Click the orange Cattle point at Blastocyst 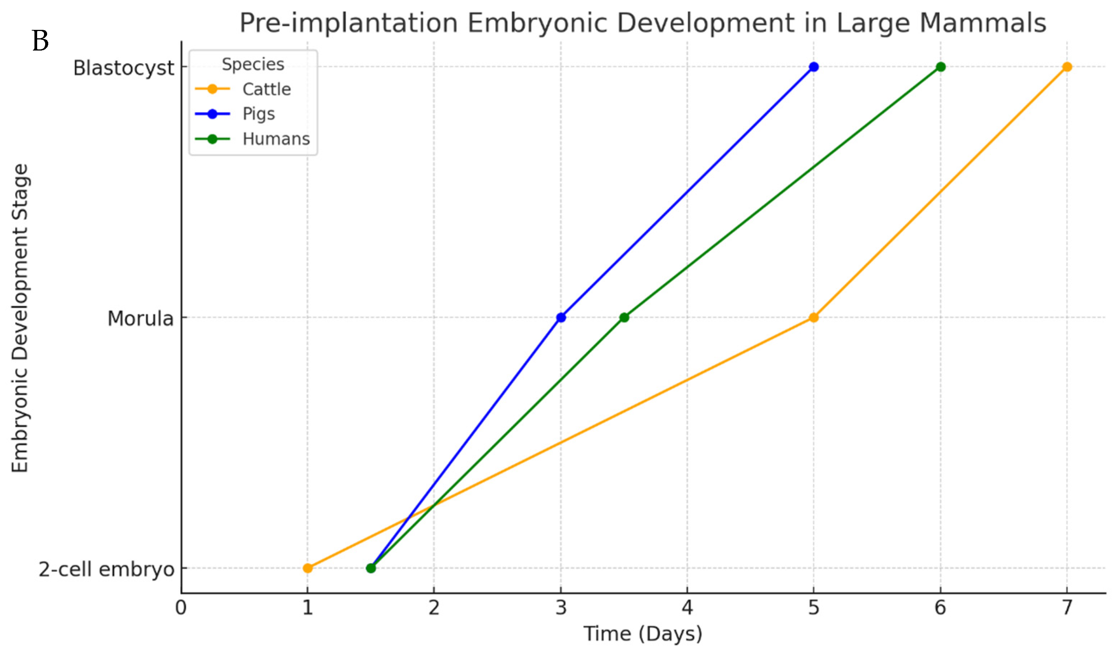point(1067,67)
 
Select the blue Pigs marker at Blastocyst point(813,67)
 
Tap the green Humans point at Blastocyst point(940,67)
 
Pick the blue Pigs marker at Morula point(561,317)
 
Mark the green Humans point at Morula point(624,317)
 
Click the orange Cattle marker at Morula point(813,317)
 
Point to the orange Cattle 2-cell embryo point point(308,568)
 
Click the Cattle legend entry point(266,89)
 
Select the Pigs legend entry point(258,114)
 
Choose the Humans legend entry point(276,139)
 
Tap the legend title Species point(253,64)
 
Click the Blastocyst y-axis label point(124,68)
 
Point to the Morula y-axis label point(140,318)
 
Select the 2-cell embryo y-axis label point(106,569)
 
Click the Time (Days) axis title point(642,634)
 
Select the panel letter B point(40,41)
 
